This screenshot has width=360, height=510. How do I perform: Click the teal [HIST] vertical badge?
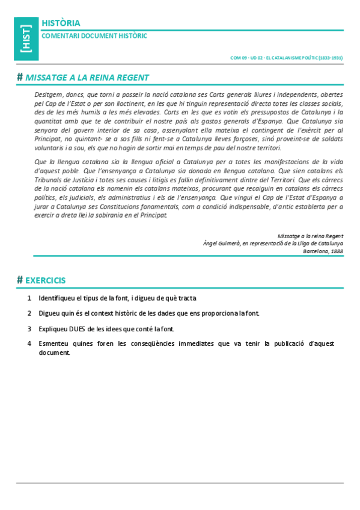pyautogui.click(x=26, y=39)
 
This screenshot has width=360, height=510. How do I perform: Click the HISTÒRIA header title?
pyautogui.click(x=61, y=23)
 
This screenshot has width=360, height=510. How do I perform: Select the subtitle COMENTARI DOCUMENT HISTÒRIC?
pyautogui.click(x=94, y=36)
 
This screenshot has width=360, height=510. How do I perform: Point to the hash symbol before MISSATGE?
pyautogui.click(x=20, y=78)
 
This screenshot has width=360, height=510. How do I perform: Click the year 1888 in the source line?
pyautogui.click(x=337, y=251)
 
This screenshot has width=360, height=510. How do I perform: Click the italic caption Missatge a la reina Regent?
pyautogui.click(x=310, y=236)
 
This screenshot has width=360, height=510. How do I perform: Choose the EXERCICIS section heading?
pyautogui.click(x=46, y=280)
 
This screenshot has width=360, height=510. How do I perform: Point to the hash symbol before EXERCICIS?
pyautogui.click(x=20, y=280)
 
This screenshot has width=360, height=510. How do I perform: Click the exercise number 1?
pyautogui.click(x=29, y=298)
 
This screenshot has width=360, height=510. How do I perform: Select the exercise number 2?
pyautogui.click(x=29, y=313)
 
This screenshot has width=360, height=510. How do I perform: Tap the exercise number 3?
pyautogui.click(x=29, y=329)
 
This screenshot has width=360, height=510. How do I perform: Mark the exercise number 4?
pyautogui.click(x=29, y=343)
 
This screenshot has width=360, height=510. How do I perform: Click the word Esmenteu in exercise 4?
pyautogui.click(x=53, y=343)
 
